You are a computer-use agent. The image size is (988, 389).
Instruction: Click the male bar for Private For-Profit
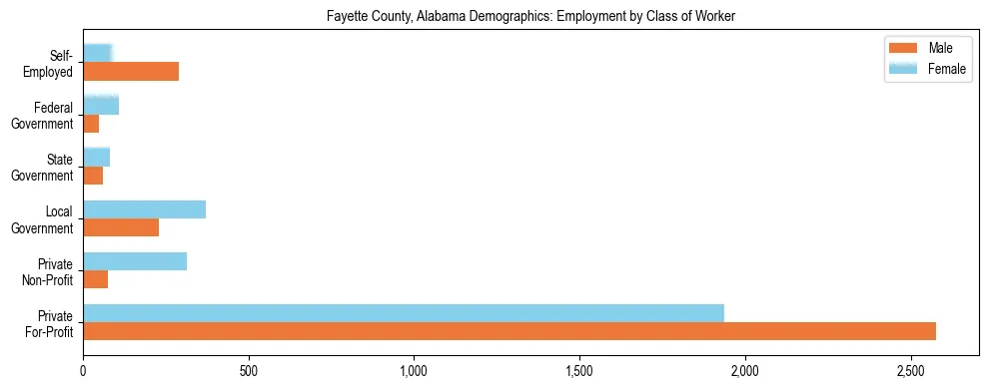coord(509,331)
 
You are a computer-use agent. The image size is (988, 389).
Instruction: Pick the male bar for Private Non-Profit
coord(95,279)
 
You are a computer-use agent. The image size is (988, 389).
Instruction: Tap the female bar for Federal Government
coord(101,106)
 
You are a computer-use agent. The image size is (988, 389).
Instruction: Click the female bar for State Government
coord(96,158)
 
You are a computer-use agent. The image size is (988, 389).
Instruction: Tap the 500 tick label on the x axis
coord(249,371)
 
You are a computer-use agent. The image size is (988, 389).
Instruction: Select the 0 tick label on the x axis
coord(83,371)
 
